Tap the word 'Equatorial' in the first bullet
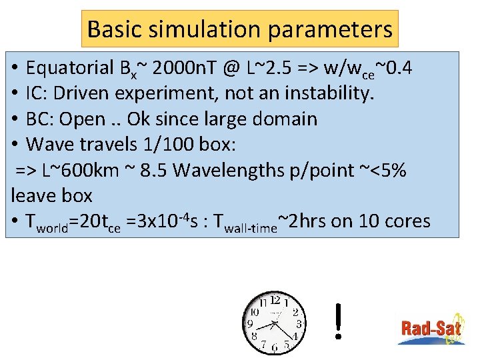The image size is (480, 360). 70,67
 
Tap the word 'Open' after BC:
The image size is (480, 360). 82,119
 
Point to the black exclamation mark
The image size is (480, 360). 339,321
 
